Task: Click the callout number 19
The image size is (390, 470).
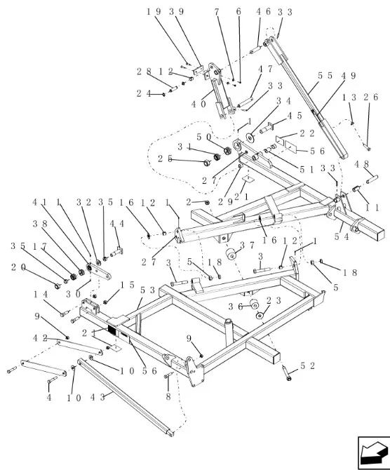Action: click(154, 12)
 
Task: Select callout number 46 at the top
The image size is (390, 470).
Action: click(264, 12)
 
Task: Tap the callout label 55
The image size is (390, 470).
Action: click(325, 76)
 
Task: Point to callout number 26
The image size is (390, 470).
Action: click(371, 97)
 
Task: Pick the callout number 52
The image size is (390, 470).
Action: click(307, 365)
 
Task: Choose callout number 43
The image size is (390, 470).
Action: click(97, 398)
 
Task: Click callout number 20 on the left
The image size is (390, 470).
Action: click(18, 267)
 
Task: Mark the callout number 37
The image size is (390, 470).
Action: click(248, 246)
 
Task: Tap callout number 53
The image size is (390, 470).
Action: click(148, 290)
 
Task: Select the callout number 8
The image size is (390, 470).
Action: click(168, 396)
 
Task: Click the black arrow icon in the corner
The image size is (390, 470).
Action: click(374, 452)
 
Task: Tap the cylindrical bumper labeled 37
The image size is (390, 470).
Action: click(231, 253)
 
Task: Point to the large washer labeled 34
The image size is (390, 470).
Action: click(250, 137)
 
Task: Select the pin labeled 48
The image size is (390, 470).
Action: click(372, 179)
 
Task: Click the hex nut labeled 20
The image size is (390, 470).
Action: click(57, 286)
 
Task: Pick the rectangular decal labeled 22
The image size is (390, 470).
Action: click(281, 140)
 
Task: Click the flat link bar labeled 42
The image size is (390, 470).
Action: click(80, 347)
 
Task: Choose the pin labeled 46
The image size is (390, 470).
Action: click(256, 50)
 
